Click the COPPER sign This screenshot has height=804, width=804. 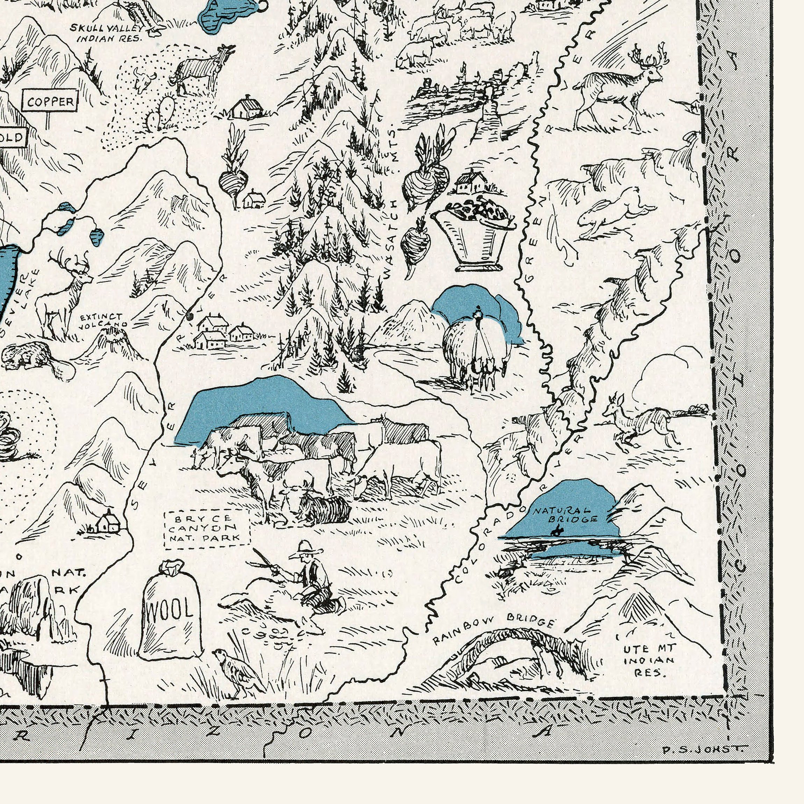(50, 101)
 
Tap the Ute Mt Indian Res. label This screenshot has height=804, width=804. (649, 660)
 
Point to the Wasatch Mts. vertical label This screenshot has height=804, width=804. (391, 204)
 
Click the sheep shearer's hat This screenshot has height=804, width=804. (306, 548)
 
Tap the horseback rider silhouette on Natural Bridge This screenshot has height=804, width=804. (557, 531)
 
